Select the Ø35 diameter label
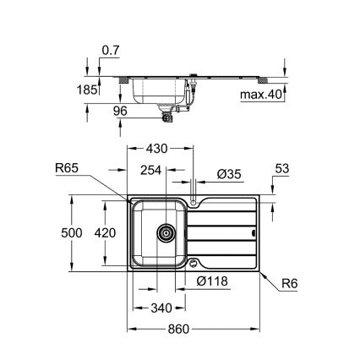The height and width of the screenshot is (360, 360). coord(228,172)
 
